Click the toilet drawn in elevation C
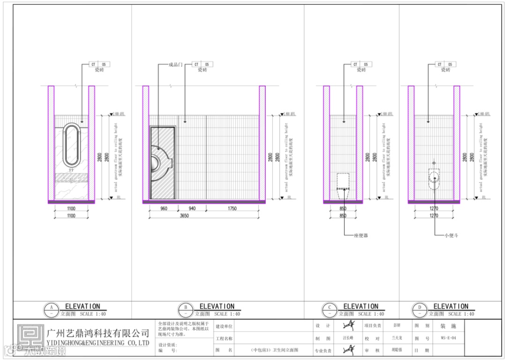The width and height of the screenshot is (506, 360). click(x=344, y=183)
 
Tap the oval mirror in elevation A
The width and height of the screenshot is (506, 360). click(x=72, y=145)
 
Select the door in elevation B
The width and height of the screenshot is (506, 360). click(x=163, y=162)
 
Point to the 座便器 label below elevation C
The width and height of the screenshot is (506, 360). click(x=361, y=235)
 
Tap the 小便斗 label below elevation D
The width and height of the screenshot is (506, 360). click(x=451, y=235)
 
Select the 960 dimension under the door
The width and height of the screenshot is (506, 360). click(x=164, y=209)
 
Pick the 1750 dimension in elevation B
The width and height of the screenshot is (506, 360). click(x=232, y=209)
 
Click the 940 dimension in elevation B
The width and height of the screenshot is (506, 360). click(x=191, y=209)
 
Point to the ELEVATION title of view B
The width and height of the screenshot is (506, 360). click(x=216, y=306)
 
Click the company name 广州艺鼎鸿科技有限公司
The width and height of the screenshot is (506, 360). click(x=98, y=333)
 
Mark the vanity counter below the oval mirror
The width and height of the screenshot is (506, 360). click(x=72, y=176)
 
